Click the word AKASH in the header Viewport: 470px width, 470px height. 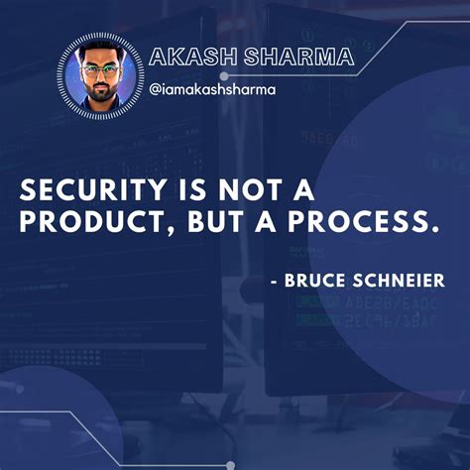pos(186,57)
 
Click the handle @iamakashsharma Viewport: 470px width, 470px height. pos(213,89)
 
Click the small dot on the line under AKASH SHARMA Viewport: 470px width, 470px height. pos(224,75)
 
